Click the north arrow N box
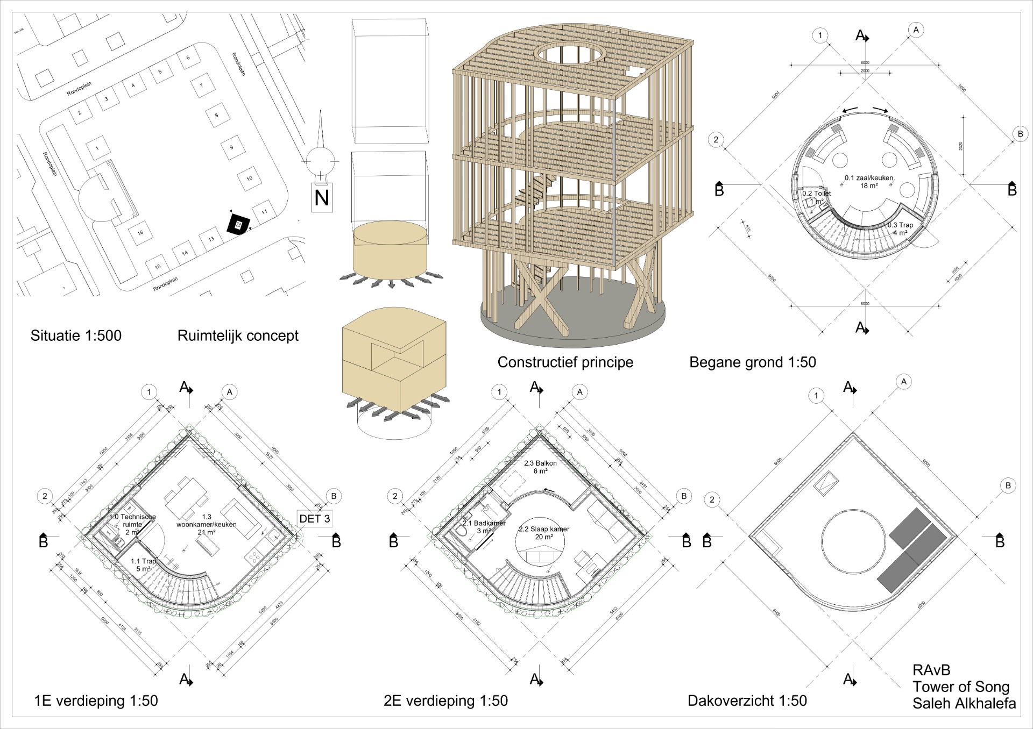click(x=322, y=197)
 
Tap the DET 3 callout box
click(x=315, y=518)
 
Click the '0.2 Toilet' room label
click(x=817, y=194)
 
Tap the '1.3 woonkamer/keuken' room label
click(x=207, y=524)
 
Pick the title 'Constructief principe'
click(x=565, y=362)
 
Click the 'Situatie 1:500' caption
click(x=76, y=335)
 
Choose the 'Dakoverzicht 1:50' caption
click(x=747, y=701)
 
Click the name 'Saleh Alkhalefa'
click(x=964, y=703)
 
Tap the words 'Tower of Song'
click(x=961, y=687)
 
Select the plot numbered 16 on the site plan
click(x=140, y=233)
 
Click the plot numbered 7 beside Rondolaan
click(x=202, y=85)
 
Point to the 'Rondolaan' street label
click(x=238, y=63)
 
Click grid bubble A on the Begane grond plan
click(x=916, y=30)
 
